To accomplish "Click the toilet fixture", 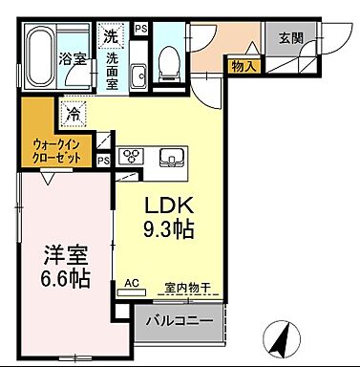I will coord(170,63).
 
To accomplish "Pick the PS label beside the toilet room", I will coord(141,31).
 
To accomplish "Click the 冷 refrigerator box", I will coord(74,112).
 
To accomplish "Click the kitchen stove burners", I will coord(129,156).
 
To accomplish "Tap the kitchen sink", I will coord(172,156).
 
